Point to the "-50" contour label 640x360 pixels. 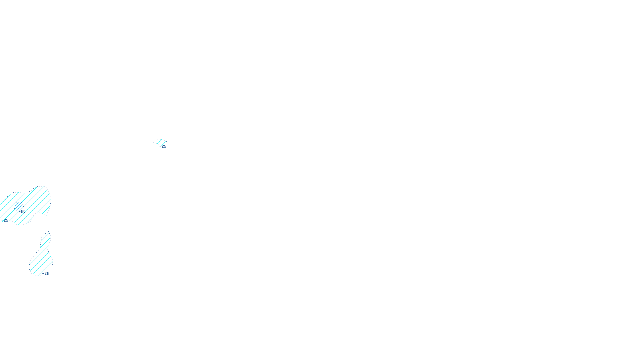tap(22, 211)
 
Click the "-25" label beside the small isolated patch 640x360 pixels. tap(164, 146)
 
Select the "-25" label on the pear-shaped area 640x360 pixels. tap(46, 274)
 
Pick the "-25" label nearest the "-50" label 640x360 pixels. tap(5, 220)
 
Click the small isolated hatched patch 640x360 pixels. tap(161, 142)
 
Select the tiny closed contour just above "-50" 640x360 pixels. tap(18, 205)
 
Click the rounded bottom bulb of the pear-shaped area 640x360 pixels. tap(40, 266)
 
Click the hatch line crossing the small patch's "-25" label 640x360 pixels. tap(162, 145)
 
